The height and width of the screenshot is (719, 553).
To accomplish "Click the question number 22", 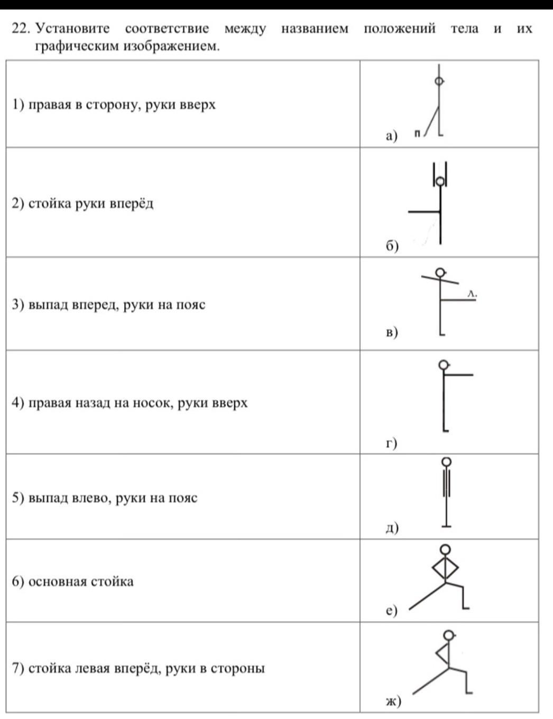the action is tap(20, 29).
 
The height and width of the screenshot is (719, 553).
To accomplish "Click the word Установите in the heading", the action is tap(72, 29).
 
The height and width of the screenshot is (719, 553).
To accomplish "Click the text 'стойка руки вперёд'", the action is tap(90, 204).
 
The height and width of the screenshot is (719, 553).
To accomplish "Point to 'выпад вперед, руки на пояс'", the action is tap(116, 305).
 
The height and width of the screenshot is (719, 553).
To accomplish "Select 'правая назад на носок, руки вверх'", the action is tap(137, 403).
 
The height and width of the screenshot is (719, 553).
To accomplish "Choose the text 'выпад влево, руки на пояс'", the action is tap(113, 498).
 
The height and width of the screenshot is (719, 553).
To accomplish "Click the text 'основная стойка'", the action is tap(80, 582).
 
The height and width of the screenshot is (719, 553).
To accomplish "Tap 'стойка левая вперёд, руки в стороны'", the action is tap(146, 669).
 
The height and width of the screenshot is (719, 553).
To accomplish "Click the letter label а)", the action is tap(391, 136).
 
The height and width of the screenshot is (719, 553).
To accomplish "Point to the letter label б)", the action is tap(391, 246).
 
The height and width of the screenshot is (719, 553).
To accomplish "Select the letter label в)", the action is tap(391, 332).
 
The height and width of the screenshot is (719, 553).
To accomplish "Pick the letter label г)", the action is tap(391, 443).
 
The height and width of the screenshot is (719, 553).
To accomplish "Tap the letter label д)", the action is tap(392, 528).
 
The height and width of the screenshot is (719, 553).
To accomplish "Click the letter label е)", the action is tap(391, 611).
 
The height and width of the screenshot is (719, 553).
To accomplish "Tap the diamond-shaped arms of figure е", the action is tap(445, 568).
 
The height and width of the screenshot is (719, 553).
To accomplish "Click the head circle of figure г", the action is tap(444, 365).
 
